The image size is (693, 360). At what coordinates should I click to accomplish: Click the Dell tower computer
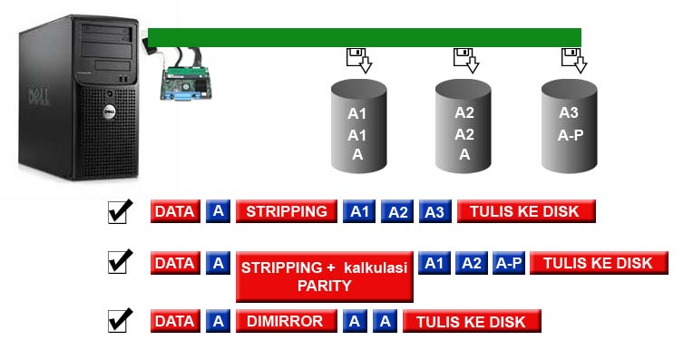(79, 100)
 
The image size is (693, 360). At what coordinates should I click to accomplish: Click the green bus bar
(364, 36)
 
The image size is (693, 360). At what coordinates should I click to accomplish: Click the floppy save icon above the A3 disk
(573, 61)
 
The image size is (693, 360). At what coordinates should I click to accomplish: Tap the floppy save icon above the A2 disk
(466, 61)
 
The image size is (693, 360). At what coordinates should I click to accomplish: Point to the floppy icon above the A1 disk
(358, 61)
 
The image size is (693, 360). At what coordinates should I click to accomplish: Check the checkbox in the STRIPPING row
(120, 211)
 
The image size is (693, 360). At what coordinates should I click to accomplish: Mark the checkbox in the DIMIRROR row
(120, 320)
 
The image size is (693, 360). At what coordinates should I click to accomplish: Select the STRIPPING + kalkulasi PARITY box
(324, 276)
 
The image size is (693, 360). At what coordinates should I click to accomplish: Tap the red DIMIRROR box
(286, 321)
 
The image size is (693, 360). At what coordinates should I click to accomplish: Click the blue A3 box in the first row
(434, 212)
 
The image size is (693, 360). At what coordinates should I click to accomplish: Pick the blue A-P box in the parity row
(508, 263)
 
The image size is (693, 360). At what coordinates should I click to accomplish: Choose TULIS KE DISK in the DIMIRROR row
(472, 321)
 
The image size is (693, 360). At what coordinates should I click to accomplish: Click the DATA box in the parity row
(174, 263)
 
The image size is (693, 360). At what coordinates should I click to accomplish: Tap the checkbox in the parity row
(120, 263)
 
